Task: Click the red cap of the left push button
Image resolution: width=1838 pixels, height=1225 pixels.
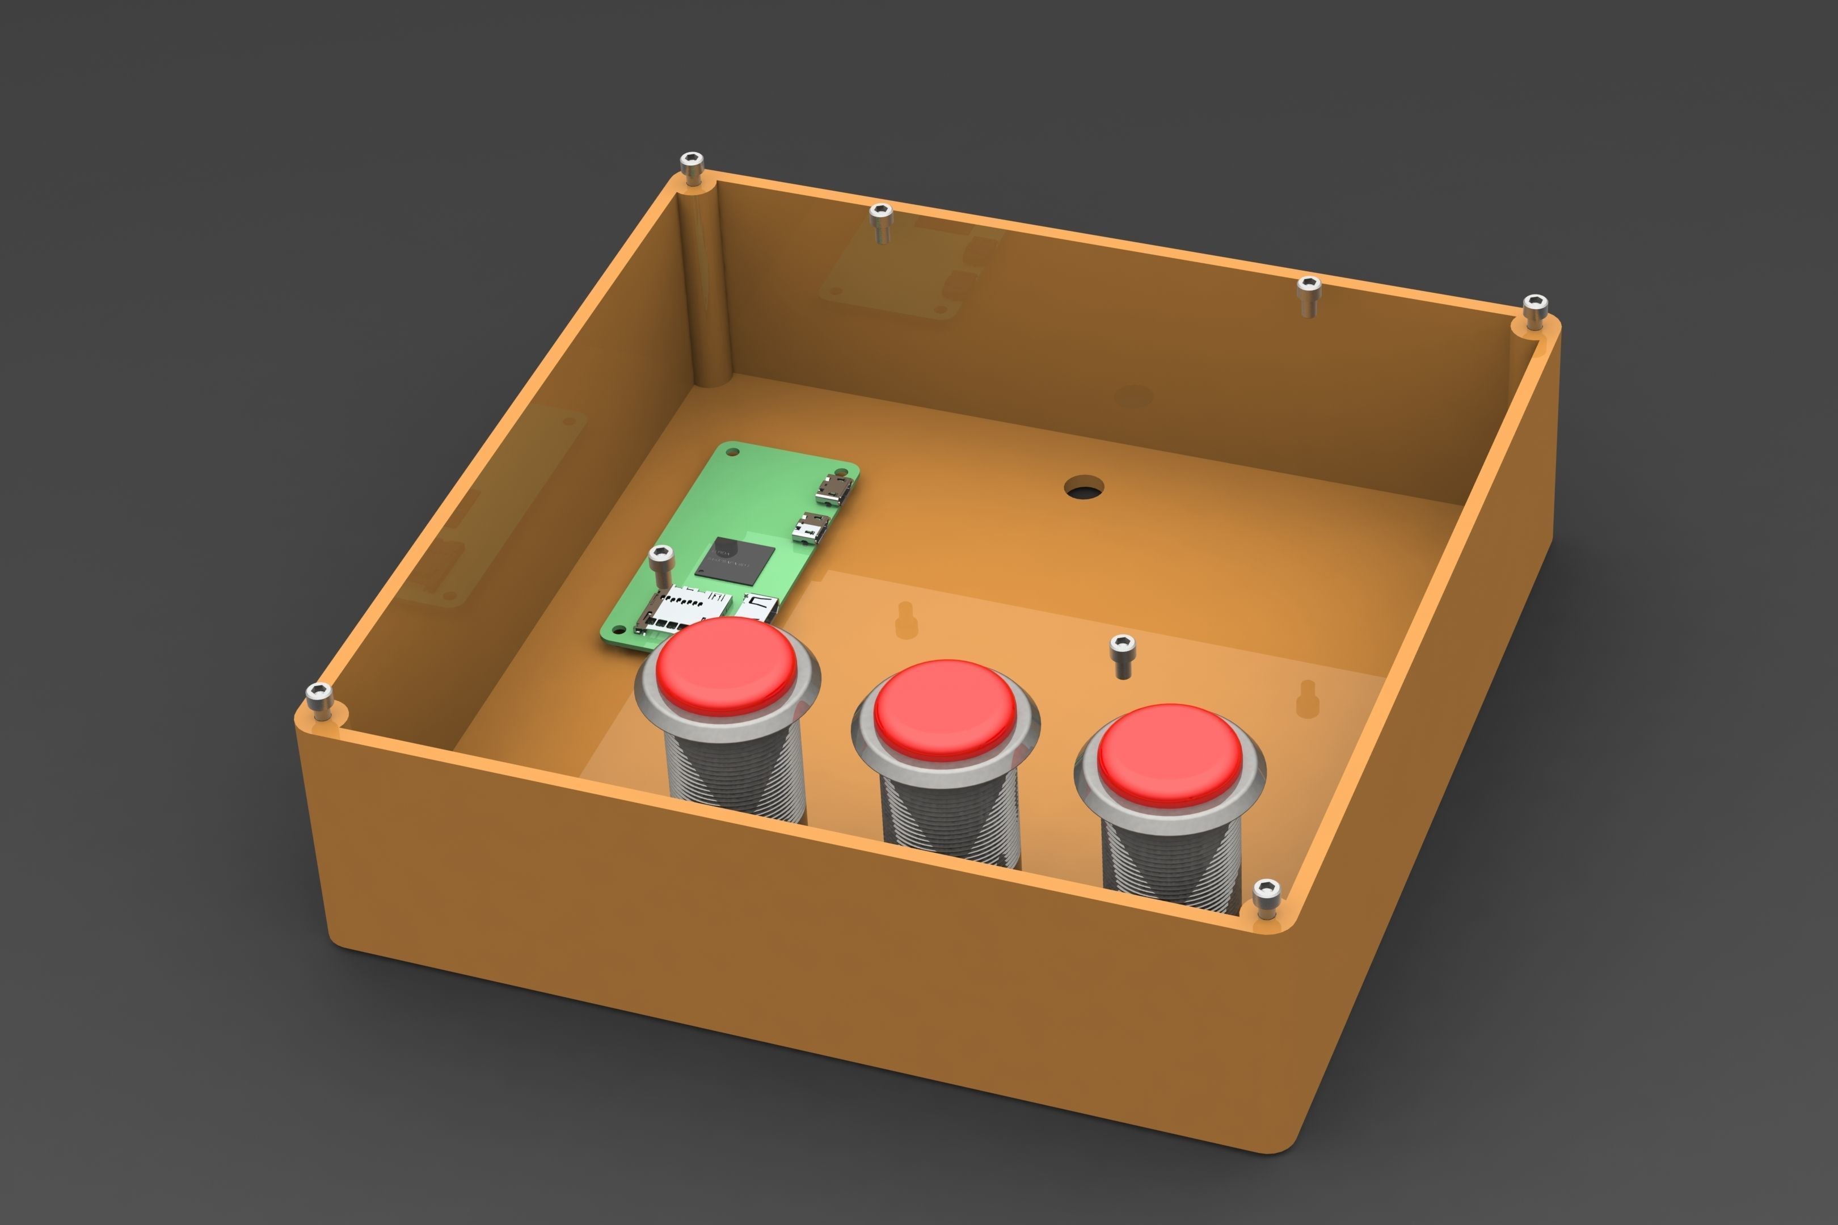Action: coord(726,665)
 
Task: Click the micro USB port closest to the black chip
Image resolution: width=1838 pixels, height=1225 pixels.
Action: coord(810,529)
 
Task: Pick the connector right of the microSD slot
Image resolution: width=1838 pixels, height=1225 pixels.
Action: coord(758,605)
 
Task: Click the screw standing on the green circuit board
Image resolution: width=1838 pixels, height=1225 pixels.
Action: coord(661,562)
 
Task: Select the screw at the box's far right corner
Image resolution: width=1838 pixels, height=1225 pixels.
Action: coord(1535,309)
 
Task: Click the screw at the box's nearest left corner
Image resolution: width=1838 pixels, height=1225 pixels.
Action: coord(319,696)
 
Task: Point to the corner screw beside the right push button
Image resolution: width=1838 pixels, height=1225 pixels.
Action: coord(1266,896)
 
